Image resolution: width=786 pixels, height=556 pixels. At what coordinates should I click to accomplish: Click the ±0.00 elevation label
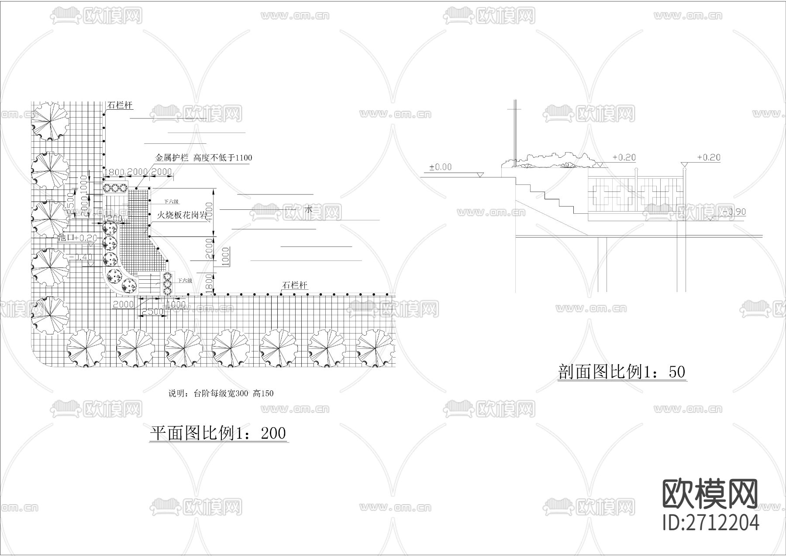[x=440, y=167]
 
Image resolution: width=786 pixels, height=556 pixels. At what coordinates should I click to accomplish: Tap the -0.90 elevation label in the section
[x=734, y=212]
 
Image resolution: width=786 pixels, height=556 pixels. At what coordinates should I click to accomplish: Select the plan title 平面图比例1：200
[x=218, y=433]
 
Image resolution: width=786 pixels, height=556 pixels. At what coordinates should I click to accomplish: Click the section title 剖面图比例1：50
[x=622, y=372]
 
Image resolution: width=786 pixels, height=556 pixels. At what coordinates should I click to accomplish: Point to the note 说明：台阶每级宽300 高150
[x=221, y=393]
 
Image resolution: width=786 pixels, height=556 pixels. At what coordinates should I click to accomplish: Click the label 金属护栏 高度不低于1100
[x=203, y=158]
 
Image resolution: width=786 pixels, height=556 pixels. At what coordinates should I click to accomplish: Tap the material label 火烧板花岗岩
[x=182, y=215]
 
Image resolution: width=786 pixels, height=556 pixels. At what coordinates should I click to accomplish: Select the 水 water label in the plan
[x=309, y=210]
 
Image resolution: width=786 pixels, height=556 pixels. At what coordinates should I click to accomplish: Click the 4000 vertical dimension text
[x=210, y=213]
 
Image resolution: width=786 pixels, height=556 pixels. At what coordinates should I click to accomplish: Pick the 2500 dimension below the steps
[x=152, y=312]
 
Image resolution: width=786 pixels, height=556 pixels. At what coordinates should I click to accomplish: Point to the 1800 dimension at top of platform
[x=114, y=172]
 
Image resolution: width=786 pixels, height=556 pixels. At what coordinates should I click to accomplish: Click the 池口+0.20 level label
[x=78, y=238]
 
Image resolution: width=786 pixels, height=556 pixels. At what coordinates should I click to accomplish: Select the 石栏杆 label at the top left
[x=119, y=106]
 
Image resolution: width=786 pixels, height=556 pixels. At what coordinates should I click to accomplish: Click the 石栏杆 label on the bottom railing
[x=295, y=285]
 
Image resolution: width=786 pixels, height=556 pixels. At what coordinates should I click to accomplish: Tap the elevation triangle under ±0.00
[x=480, y=174]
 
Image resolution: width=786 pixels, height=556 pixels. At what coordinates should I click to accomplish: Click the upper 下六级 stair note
[x=171, y=202]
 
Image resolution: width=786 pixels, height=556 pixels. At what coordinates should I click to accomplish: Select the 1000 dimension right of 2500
[x=177, y=304]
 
